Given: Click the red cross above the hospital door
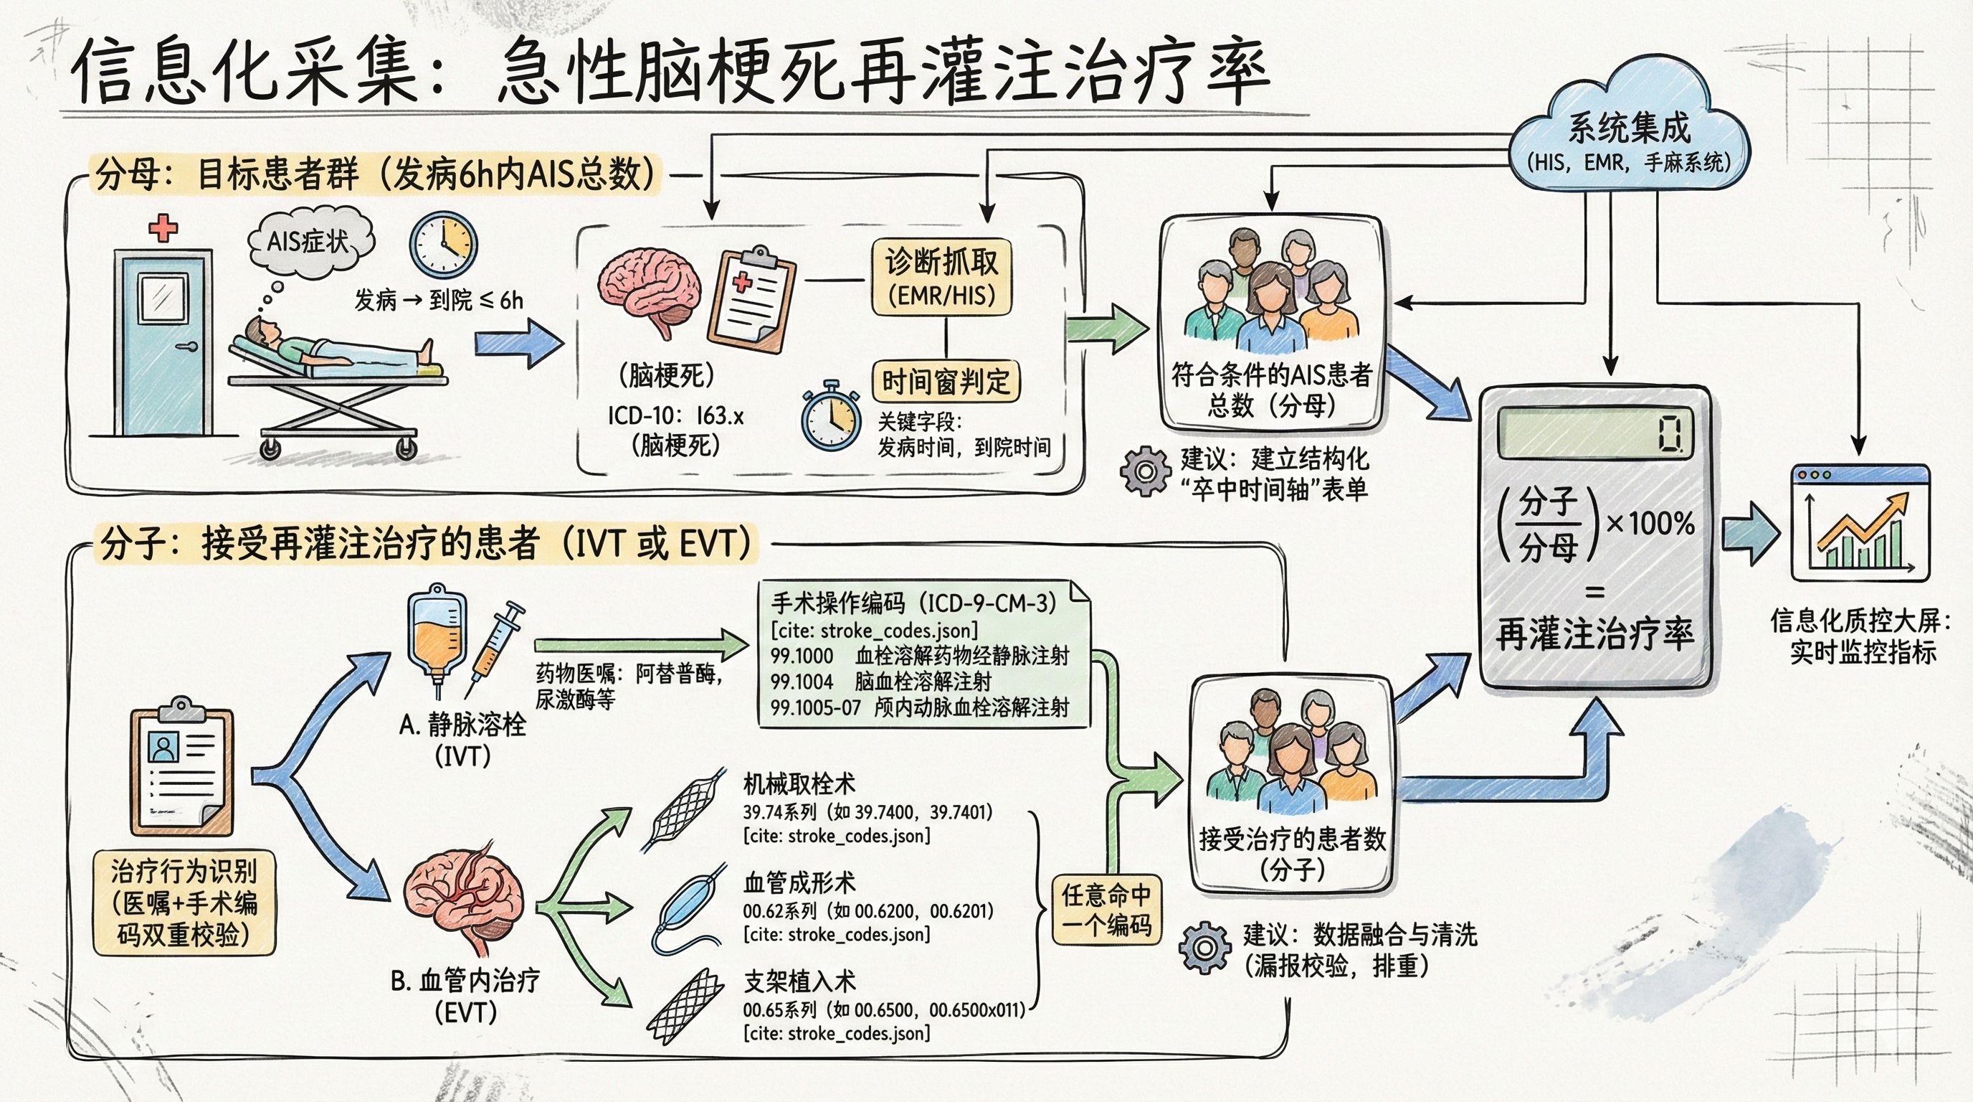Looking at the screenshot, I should click(x=162, y=228).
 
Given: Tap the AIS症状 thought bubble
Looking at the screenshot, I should click(x=310, y=243).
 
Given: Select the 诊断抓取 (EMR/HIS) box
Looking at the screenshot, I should click(x=941, y=278).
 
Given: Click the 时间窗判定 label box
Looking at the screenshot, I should click(x=946, y=381).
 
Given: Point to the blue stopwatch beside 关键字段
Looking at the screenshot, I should click(x=830, y=418).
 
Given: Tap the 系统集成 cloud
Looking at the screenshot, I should click(x=1629, y=138).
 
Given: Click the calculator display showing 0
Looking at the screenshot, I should click(x=1594, y=433).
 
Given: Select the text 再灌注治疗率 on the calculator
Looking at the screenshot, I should click(x=1594, y=634).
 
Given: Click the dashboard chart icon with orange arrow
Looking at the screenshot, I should click(x=1860, y=524).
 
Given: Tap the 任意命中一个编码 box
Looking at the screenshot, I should click(x=1106, y=910).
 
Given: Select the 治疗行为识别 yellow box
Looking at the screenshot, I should click(x=184, y=903).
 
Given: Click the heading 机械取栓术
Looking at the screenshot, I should click(x=799, y=783).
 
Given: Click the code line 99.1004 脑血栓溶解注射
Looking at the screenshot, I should click(x=881, y=682).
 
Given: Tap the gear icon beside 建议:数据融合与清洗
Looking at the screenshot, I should click(x=1204, y=948).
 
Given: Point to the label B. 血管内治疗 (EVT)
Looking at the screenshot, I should click(x=465, y=997).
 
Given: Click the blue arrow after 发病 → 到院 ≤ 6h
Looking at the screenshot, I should click(x=518, y=342).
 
